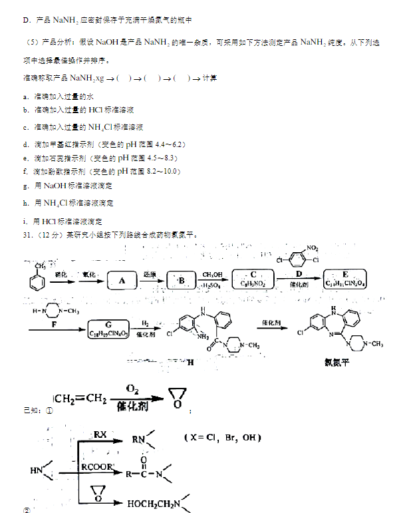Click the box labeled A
tap(122, 281)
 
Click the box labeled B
tap(180, 281)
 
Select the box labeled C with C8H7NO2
tap(253, 278)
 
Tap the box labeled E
tap(344, 278)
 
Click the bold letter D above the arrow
tap(299, 273)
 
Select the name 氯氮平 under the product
tap(336, 363)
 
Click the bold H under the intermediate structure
tap(192, 361)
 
